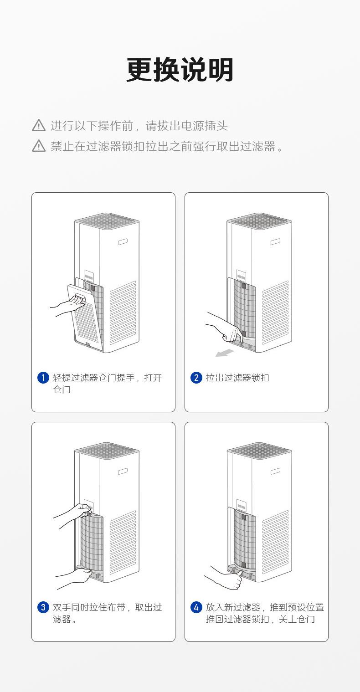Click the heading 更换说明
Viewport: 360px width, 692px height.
pos(180,70)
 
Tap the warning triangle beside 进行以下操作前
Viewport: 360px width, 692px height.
pos(39,125)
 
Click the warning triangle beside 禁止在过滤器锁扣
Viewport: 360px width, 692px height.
pos(39,146)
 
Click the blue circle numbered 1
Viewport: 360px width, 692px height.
pos(43,378)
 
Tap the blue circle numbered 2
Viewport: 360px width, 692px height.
pos(196,378)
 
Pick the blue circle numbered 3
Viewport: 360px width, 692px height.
pos(43,607)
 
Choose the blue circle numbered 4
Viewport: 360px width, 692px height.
pos(196,607)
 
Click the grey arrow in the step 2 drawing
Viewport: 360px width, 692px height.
pos(224,353)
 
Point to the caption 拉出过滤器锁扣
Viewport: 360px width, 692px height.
pos(237,378)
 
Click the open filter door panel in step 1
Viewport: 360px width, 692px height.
pos(84,314)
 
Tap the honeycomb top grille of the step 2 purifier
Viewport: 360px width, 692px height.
pos(259,221)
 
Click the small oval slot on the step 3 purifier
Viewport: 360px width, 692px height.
pos(123,472)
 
